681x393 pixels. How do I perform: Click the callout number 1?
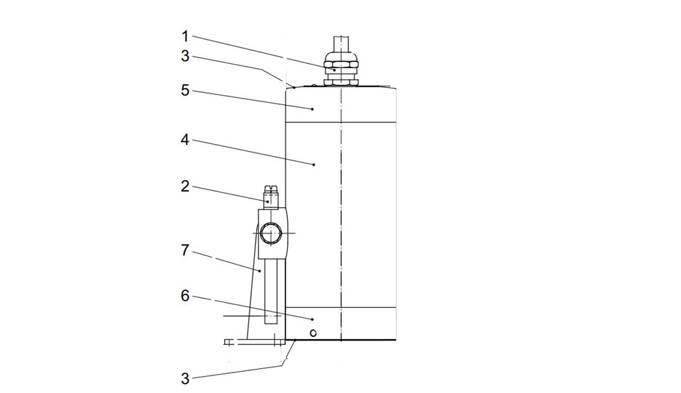(185, 36)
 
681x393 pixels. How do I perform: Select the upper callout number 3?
(185, 56)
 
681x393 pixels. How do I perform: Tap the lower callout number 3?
(185, 379)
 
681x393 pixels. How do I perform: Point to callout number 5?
(185, 90)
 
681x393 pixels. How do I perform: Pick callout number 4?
(185, 140)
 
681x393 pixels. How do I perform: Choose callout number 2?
(185, 187)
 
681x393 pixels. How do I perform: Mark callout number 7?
(185, 250)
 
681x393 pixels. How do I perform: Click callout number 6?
(185, 296)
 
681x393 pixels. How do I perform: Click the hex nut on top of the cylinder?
(341, 69)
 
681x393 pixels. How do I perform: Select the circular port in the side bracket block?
(272, 233)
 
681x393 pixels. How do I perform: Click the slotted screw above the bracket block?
(271, 197)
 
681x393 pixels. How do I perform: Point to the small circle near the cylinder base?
(313, 333)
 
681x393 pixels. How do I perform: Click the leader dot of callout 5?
(312, 109)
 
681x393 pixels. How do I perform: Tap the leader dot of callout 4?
(314, 165)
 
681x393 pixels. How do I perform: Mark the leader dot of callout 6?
(312, 319)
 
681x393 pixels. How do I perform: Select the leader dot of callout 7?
(260, 271)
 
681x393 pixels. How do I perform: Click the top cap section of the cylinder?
(340, 106)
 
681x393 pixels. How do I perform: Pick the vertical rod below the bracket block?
(271, 291)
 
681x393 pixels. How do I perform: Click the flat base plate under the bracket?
(255, 342)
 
